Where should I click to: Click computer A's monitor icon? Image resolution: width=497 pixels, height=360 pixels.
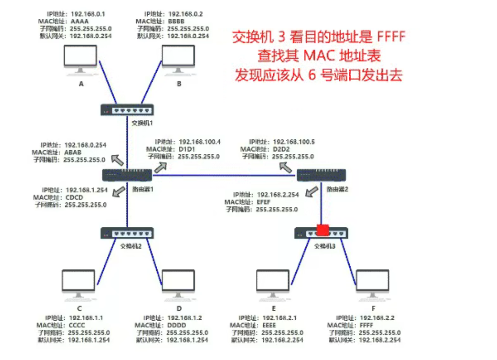81,59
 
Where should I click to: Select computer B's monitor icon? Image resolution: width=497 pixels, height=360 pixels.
178,59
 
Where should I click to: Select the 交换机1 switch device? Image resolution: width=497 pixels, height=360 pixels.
127,110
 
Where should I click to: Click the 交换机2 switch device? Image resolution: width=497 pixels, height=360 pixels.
127,233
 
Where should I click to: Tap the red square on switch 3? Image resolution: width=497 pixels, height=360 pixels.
323,230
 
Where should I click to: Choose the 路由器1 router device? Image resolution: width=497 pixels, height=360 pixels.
127,175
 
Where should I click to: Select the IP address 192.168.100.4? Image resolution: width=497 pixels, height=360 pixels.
200,142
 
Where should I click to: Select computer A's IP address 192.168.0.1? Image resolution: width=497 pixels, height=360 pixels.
90,14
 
